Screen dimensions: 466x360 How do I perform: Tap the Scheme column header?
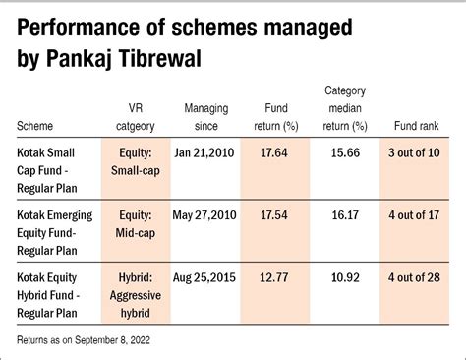34,126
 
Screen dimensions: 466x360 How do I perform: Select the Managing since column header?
206,117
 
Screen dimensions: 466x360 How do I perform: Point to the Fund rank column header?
416,126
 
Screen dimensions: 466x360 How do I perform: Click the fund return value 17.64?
274,152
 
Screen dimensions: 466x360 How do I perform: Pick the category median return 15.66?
345,152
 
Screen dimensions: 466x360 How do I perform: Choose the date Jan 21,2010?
204,153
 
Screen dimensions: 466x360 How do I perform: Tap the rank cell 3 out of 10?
414,152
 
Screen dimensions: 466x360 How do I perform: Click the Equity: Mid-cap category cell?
136,224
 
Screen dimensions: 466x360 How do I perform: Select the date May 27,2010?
204,215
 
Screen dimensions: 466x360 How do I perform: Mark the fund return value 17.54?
274,215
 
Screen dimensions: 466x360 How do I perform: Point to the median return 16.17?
345,215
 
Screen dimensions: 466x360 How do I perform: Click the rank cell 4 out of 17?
414,215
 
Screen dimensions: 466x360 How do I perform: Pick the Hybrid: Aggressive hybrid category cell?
136,295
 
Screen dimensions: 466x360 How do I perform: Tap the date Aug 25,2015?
204,277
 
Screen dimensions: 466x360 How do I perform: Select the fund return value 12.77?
274,277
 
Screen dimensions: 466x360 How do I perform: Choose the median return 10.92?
345,277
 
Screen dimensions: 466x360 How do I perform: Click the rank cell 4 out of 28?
414,277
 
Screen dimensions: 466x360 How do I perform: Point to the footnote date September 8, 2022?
112,340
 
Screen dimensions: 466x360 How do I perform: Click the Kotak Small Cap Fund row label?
47,170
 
